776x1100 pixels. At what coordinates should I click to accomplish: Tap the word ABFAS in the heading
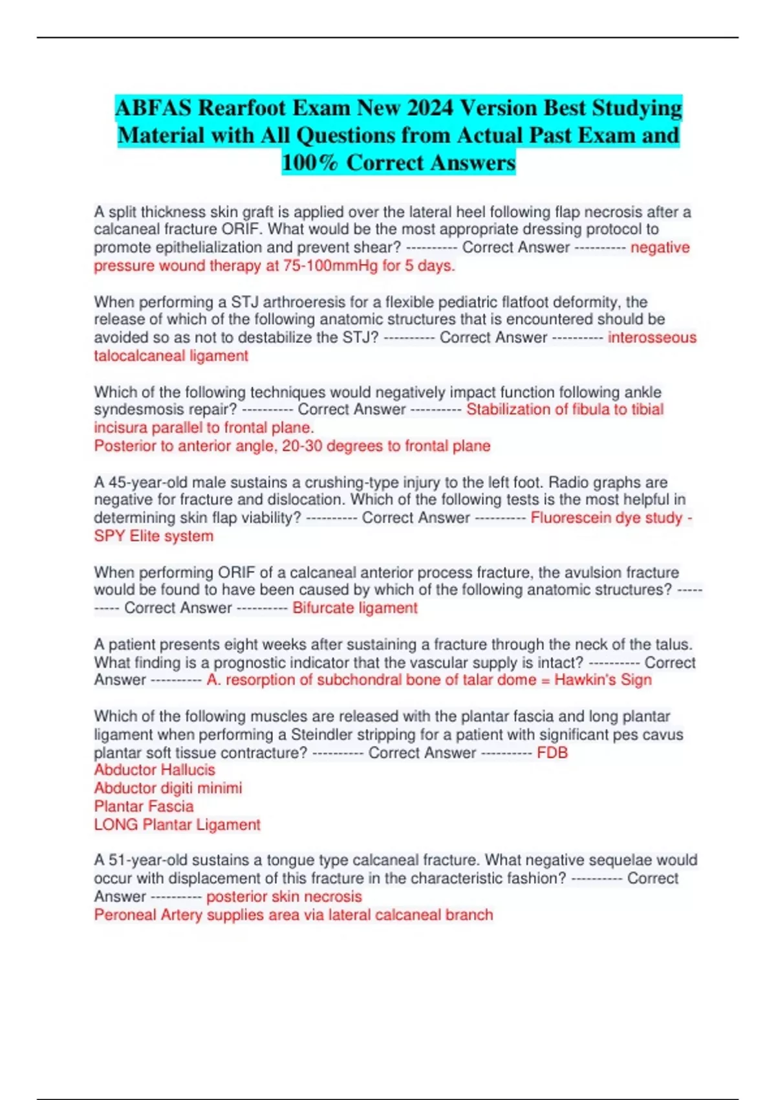point(154,107)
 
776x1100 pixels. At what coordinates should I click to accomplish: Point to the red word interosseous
point(652,337)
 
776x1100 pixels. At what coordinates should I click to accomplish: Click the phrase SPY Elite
point(133,536)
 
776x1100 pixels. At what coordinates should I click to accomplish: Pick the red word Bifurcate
point(323,608)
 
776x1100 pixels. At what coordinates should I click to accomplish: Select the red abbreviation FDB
point(552,753)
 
